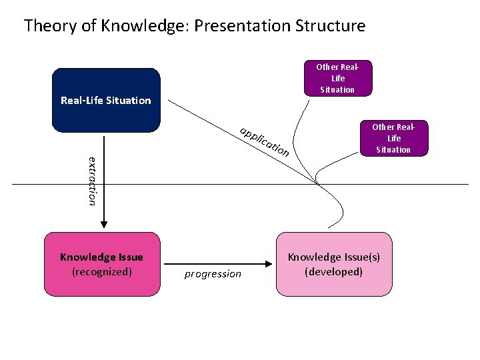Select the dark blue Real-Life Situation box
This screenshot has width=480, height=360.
pos(106,100)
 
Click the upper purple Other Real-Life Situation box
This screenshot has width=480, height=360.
pos(337,78)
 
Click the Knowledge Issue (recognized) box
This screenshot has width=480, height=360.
pos(102,264)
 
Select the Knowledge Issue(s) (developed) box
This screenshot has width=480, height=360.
pos(333,264)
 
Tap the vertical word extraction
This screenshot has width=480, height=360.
pos(93,180)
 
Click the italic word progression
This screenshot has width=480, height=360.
pos(213,274)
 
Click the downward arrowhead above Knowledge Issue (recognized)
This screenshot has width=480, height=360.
pos(103,225)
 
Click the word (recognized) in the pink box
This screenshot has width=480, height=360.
pos(102,271)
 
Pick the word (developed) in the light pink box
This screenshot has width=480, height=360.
pos(333,271)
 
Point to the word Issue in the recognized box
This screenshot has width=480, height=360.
pos(129,257)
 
